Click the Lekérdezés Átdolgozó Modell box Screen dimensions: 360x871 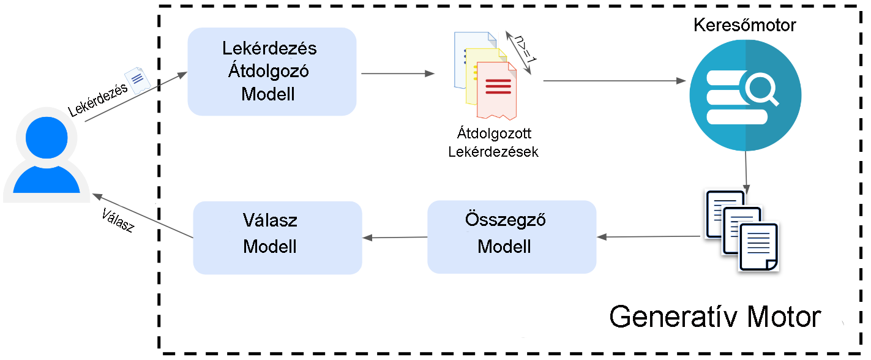(272, 72)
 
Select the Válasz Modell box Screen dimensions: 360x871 (277, 238)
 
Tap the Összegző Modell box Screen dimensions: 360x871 (512, 236)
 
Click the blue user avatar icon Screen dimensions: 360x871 (47, 157)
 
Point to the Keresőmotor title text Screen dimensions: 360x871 (745, 26)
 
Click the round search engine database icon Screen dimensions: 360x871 (745, 95)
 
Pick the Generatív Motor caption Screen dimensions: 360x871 (715, 317)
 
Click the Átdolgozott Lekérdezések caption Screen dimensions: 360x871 (493, 142)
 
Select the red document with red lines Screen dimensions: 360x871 (496, 90)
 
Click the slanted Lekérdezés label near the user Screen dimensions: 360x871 (98, 100)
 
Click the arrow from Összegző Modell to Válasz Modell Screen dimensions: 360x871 (395, 238)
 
